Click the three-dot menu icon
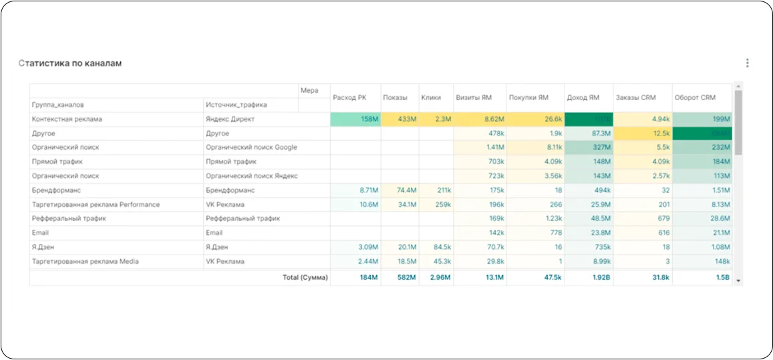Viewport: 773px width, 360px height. pos(747,63)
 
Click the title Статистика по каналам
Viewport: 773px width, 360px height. pos(70,63)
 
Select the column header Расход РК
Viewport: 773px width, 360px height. pos(349,98)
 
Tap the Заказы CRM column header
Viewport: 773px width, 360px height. pos(635,98)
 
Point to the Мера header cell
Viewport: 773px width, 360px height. pos(309,90)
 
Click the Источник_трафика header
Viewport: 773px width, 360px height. pos(237,105)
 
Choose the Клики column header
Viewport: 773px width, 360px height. pos(431,98)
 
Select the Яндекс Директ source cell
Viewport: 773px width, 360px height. pos(230,120)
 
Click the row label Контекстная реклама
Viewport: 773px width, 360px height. pos(67,120)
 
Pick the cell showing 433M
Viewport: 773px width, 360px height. pos(407,120)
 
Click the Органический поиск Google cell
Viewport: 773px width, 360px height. pos(251,148)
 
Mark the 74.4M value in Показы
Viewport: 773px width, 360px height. pos(406,190)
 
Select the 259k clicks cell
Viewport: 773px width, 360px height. pos(442,204)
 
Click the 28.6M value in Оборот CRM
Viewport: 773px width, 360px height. pos(719,218)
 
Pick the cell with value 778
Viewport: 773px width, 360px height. pos(555,233)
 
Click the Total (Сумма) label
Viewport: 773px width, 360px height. pos(305,277)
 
